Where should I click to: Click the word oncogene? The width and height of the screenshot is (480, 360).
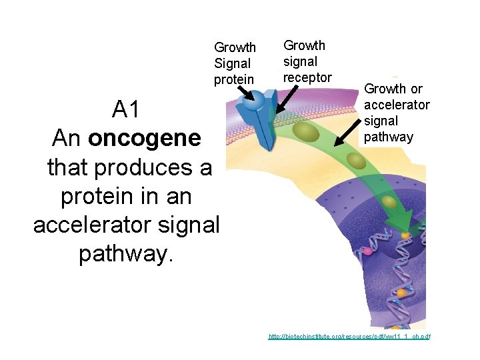[144, 138]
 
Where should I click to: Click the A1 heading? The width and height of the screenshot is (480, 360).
[127, 109]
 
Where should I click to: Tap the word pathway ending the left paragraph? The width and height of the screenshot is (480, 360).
[125, 254]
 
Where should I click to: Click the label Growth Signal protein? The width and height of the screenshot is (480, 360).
[235, 63]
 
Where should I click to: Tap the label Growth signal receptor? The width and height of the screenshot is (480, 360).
[307, 61]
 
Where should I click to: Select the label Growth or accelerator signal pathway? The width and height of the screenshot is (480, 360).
[397, 113]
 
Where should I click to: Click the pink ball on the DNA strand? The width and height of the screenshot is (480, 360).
[365, 252]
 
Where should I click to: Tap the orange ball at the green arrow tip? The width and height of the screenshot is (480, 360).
[406, 235]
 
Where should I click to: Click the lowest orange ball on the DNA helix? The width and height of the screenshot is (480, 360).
[401, 293]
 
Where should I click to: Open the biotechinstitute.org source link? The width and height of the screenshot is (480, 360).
[349, 337]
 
